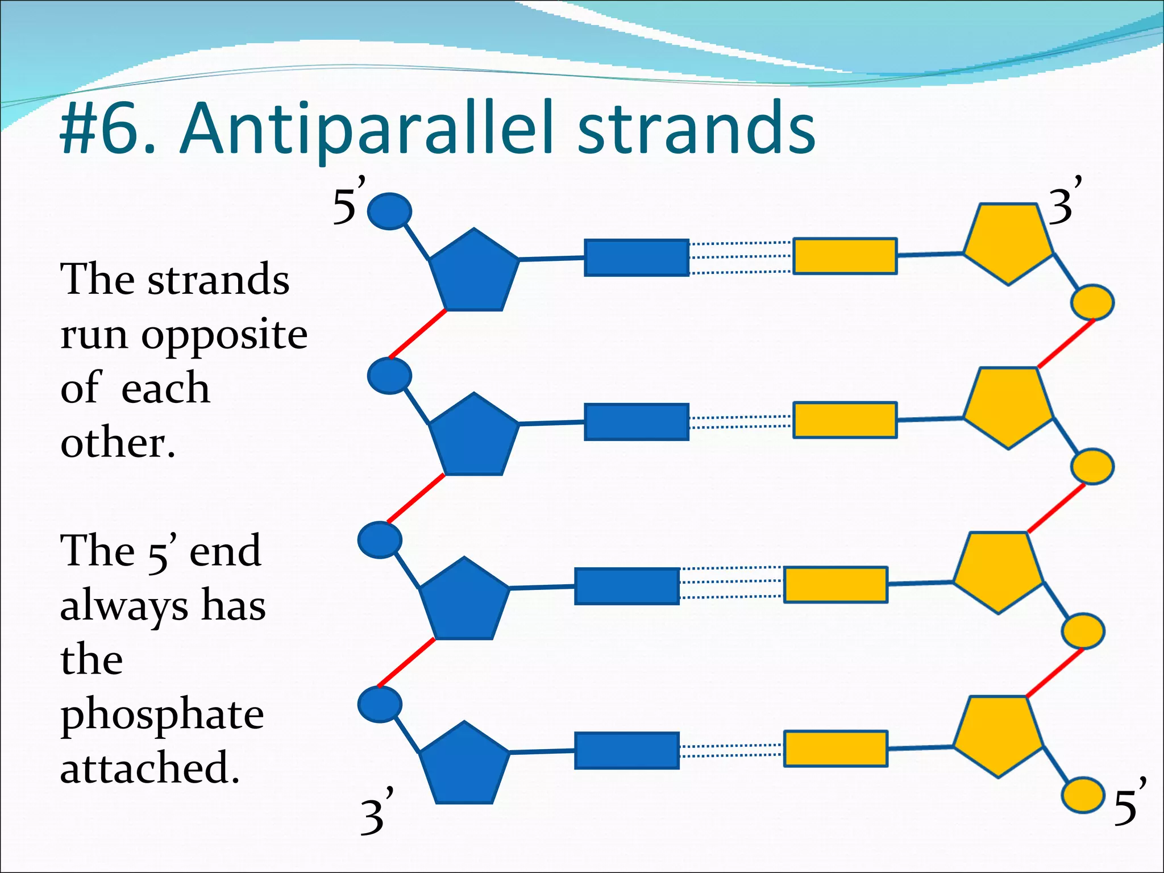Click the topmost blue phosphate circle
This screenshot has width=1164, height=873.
389,211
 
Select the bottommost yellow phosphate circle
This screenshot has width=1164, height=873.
1083,795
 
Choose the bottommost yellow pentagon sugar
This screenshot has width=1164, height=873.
998,735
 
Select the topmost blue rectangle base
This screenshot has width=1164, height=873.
637,257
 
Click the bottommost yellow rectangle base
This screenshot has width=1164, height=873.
835,749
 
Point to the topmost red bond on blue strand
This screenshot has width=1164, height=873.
418,334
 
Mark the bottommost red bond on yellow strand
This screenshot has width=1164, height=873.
1055,672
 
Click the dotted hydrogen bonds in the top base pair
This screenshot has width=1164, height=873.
741,257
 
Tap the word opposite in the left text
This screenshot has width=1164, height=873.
225,335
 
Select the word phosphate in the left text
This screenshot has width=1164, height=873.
162,715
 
